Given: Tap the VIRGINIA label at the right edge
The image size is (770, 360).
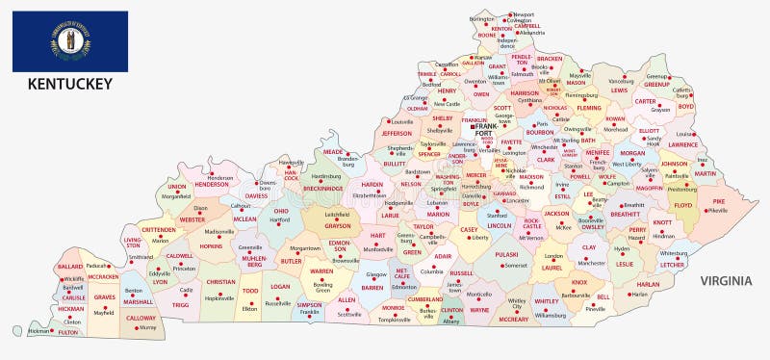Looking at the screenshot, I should [x=724, y=280].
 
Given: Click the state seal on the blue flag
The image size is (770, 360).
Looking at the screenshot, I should [x=70, y=41].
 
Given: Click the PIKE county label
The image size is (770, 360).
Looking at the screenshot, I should [x=718, y=201].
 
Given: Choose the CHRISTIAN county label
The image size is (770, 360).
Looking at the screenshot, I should [x=220, y=282].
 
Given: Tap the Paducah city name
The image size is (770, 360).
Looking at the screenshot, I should [x=97, y=266].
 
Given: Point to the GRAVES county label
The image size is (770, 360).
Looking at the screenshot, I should [x=104, y=297].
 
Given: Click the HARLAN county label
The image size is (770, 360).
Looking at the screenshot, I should [x=648, y=284].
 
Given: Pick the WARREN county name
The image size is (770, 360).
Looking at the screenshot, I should [x=321, y=271].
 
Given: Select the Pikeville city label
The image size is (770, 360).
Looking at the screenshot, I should [x=717, y=210].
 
